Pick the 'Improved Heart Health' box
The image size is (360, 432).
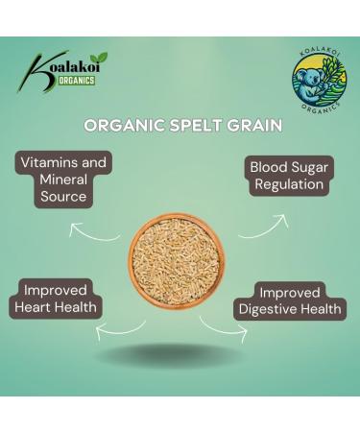pyautogui.click(x=57, y=299)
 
